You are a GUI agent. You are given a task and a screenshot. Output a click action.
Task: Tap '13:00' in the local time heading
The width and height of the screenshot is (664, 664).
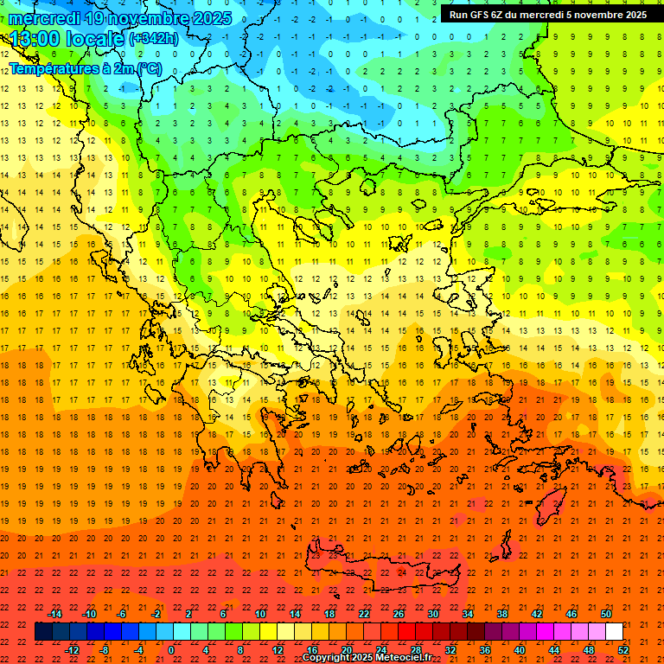tap(35, 38)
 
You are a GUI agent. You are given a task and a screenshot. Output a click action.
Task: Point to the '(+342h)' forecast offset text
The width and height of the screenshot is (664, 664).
tap(153, 38)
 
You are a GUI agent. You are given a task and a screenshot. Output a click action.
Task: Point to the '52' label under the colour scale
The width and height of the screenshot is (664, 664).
tap(623, 650)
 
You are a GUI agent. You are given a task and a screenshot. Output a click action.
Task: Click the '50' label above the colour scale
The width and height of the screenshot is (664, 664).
tap(606, 614)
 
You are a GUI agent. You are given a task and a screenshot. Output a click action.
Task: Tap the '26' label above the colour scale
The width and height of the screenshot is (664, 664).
tap(399, 614)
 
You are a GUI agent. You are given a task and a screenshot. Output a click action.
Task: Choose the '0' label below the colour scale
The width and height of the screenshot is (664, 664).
tap(172, 650)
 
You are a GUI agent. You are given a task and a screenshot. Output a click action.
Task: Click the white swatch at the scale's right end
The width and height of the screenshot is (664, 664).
tap(614, 632)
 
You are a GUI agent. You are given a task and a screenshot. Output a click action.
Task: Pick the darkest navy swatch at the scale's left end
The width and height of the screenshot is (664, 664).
tap(43, 632)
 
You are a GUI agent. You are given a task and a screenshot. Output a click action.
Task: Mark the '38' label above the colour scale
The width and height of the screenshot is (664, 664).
tap(502, 614)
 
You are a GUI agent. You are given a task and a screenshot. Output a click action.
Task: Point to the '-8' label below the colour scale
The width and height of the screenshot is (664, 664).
tap(105, 650)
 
